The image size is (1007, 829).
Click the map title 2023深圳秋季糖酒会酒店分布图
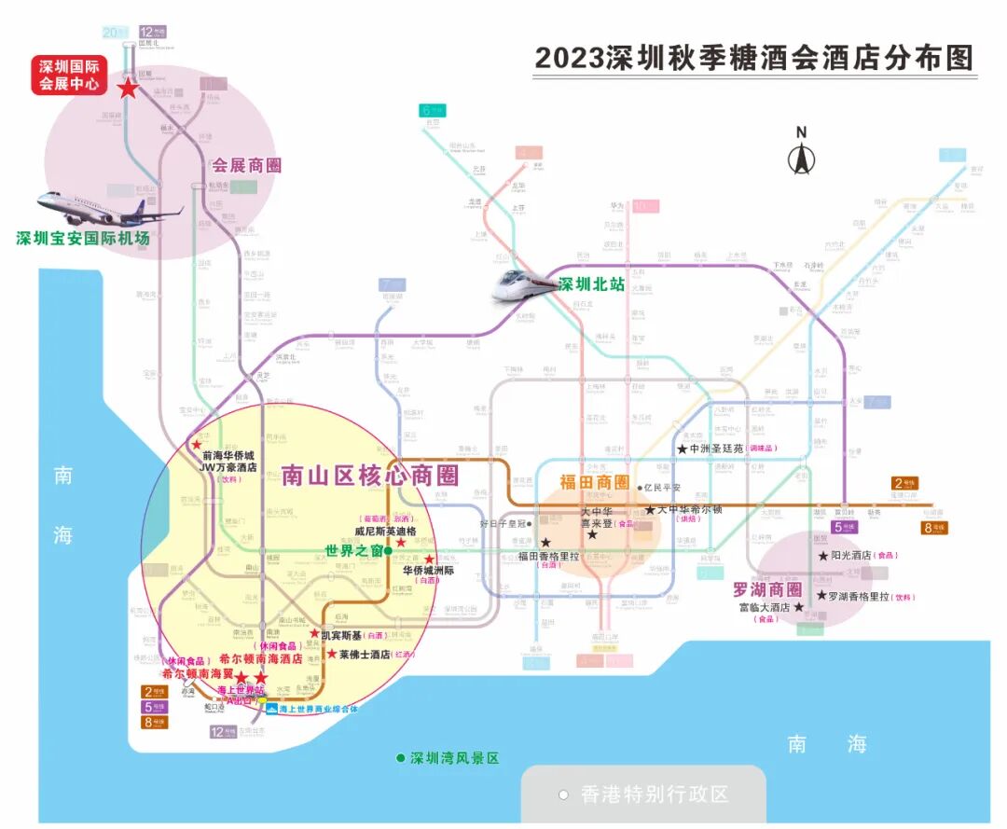(753, 58)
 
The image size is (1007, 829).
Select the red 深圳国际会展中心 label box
(69, 76)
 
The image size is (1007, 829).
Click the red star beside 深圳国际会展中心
(126, 89)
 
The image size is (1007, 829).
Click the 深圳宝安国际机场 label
(83, 238)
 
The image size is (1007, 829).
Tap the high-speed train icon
(523, 284)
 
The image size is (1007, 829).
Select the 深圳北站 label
(591, 284)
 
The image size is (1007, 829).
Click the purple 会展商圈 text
(246, 166)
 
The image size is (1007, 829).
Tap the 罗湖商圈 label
(766, 589)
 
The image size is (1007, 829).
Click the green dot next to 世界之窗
(388, 550)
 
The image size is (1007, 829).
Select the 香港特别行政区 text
(654, 794)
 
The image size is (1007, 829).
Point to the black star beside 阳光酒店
(823, 556)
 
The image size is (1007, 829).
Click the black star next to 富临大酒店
(798, 607)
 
